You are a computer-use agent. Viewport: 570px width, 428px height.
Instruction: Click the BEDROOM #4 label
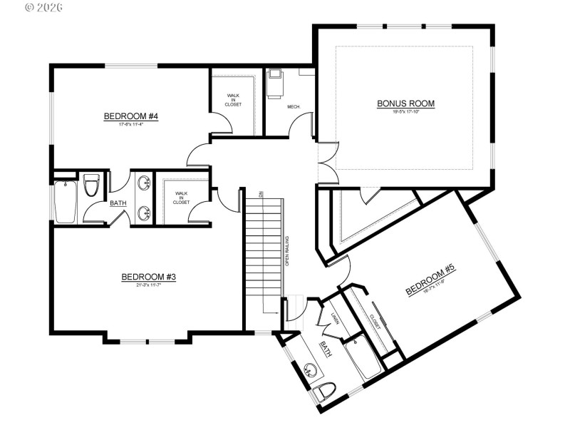130,116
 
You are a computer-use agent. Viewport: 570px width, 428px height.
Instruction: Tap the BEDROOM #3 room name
148,277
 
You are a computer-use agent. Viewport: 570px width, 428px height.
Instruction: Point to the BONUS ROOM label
405,103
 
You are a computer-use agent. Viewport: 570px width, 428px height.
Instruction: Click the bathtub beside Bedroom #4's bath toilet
66,201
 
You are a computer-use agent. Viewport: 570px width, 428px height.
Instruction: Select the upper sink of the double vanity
145,183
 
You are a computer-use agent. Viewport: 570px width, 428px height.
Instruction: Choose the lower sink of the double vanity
145,212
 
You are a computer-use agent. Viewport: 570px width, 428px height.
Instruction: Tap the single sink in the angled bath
310,370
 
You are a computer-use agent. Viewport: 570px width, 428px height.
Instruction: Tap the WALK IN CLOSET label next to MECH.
234,100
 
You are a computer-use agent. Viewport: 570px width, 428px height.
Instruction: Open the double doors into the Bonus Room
326,162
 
